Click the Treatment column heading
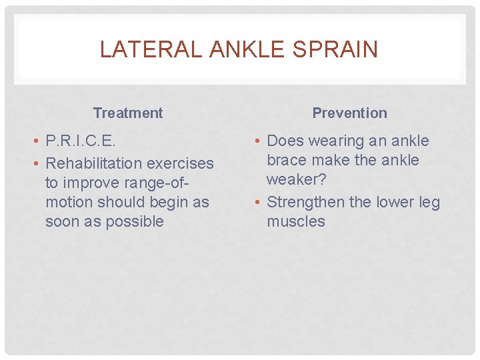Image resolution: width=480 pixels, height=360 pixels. (128, 113)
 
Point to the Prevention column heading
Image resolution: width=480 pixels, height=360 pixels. (349, 113)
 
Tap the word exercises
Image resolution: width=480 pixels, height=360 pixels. (181, 163)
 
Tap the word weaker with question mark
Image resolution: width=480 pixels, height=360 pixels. (297, 180)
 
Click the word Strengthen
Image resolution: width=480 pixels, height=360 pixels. (309, 202)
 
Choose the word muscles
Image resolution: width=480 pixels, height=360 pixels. (296, 221)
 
